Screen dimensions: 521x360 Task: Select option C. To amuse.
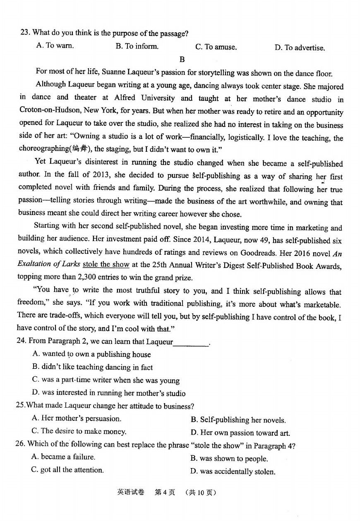click(216, 47)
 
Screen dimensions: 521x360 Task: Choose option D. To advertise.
click(300, 48)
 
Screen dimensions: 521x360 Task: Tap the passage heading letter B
click(182, 59)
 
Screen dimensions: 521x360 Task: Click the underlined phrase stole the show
click(106, 265)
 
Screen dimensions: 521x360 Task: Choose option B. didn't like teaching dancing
click(92, 367)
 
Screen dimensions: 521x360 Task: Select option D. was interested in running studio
click(108, 393)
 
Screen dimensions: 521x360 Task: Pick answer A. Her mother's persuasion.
click(77, 418)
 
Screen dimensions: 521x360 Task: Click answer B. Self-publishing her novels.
click(238, 420)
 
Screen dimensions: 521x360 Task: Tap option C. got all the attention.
click(67, 470)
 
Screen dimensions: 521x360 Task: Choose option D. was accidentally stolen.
click(233, 471)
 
